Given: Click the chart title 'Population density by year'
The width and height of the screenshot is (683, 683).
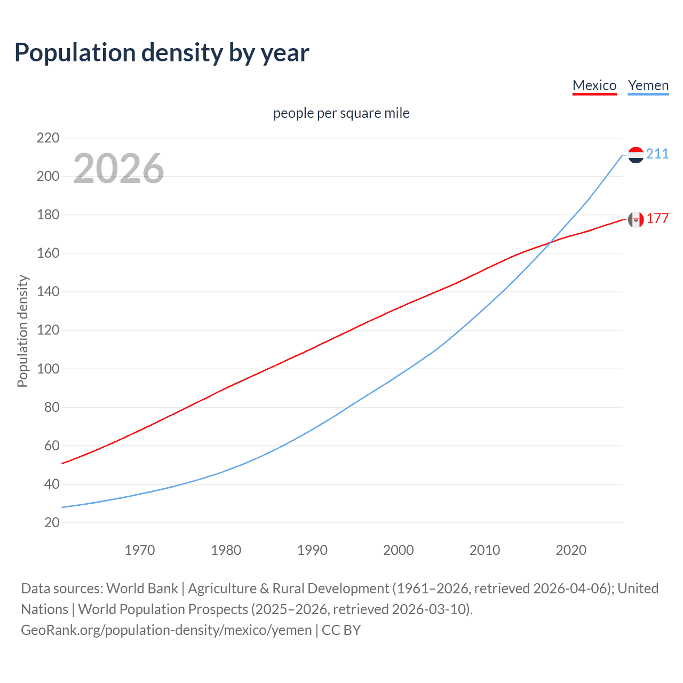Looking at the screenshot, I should coord(162,53).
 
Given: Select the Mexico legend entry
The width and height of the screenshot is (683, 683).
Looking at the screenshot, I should coord(594,85).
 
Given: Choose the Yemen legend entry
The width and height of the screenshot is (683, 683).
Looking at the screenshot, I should coord(648,85).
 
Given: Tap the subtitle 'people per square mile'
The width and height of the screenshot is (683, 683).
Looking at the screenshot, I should coord(341,113).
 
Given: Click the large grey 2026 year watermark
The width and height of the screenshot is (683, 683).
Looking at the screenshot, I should coord(118,169).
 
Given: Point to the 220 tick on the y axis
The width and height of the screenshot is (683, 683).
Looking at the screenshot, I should coord(48,138).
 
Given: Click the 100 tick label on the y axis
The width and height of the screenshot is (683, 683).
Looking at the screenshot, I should coord(48,369).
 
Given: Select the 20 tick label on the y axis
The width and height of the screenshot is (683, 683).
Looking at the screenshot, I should coord(52,522).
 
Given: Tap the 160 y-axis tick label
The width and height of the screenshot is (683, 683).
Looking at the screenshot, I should coord(48,253).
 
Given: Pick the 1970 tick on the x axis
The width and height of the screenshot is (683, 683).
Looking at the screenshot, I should coord(140,550).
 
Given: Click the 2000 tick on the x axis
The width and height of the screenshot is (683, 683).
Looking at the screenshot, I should coord(398,550).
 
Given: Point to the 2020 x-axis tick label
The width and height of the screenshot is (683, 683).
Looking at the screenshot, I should coord(571,550).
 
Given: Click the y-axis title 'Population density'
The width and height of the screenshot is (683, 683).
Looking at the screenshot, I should coord(22,331).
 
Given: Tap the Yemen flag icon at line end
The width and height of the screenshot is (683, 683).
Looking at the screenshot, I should coord(636,155).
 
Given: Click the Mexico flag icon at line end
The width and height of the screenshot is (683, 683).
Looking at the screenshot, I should coord(636,219).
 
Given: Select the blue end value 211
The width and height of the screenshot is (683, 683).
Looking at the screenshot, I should coord(657,154).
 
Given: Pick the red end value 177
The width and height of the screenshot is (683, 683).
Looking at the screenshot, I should coord(657,219).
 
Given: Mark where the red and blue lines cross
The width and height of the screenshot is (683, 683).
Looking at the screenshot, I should coord(550,243).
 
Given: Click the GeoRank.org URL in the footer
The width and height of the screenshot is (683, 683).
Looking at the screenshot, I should coord(166,630).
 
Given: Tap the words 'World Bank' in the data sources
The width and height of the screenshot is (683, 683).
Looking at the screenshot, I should coord(142,589).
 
